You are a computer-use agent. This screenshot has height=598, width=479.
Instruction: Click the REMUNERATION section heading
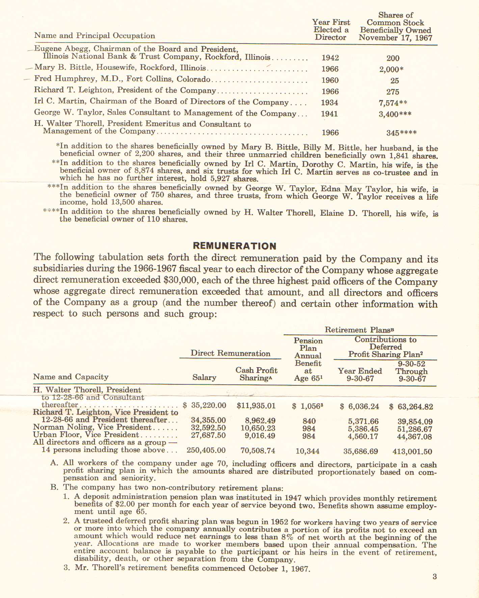[235, 246]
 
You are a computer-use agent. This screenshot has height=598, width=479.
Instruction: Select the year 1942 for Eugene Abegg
[330, 58]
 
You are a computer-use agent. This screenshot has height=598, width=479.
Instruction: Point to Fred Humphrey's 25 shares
[395, 81]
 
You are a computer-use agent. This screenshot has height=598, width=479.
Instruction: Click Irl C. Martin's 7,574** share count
[393, 103]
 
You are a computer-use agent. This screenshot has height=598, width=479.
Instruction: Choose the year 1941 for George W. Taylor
[329, 114]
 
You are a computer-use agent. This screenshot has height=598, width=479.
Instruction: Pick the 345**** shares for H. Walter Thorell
[401, 133]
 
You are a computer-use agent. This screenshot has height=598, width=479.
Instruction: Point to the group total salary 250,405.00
[206, 450]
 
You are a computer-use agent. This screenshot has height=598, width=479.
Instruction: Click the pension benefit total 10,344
[308, 451]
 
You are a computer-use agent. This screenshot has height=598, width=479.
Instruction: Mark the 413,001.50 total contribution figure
[412, 452]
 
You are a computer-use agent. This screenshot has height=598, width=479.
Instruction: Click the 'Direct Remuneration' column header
[230, 353]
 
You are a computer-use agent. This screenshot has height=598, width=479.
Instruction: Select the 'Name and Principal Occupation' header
[95, 36]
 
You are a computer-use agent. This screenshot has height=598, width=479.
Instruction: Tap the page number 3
[435, 576]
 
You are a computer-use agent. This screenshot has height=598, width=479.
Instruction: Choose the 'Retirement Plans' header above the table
[359, 330]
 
